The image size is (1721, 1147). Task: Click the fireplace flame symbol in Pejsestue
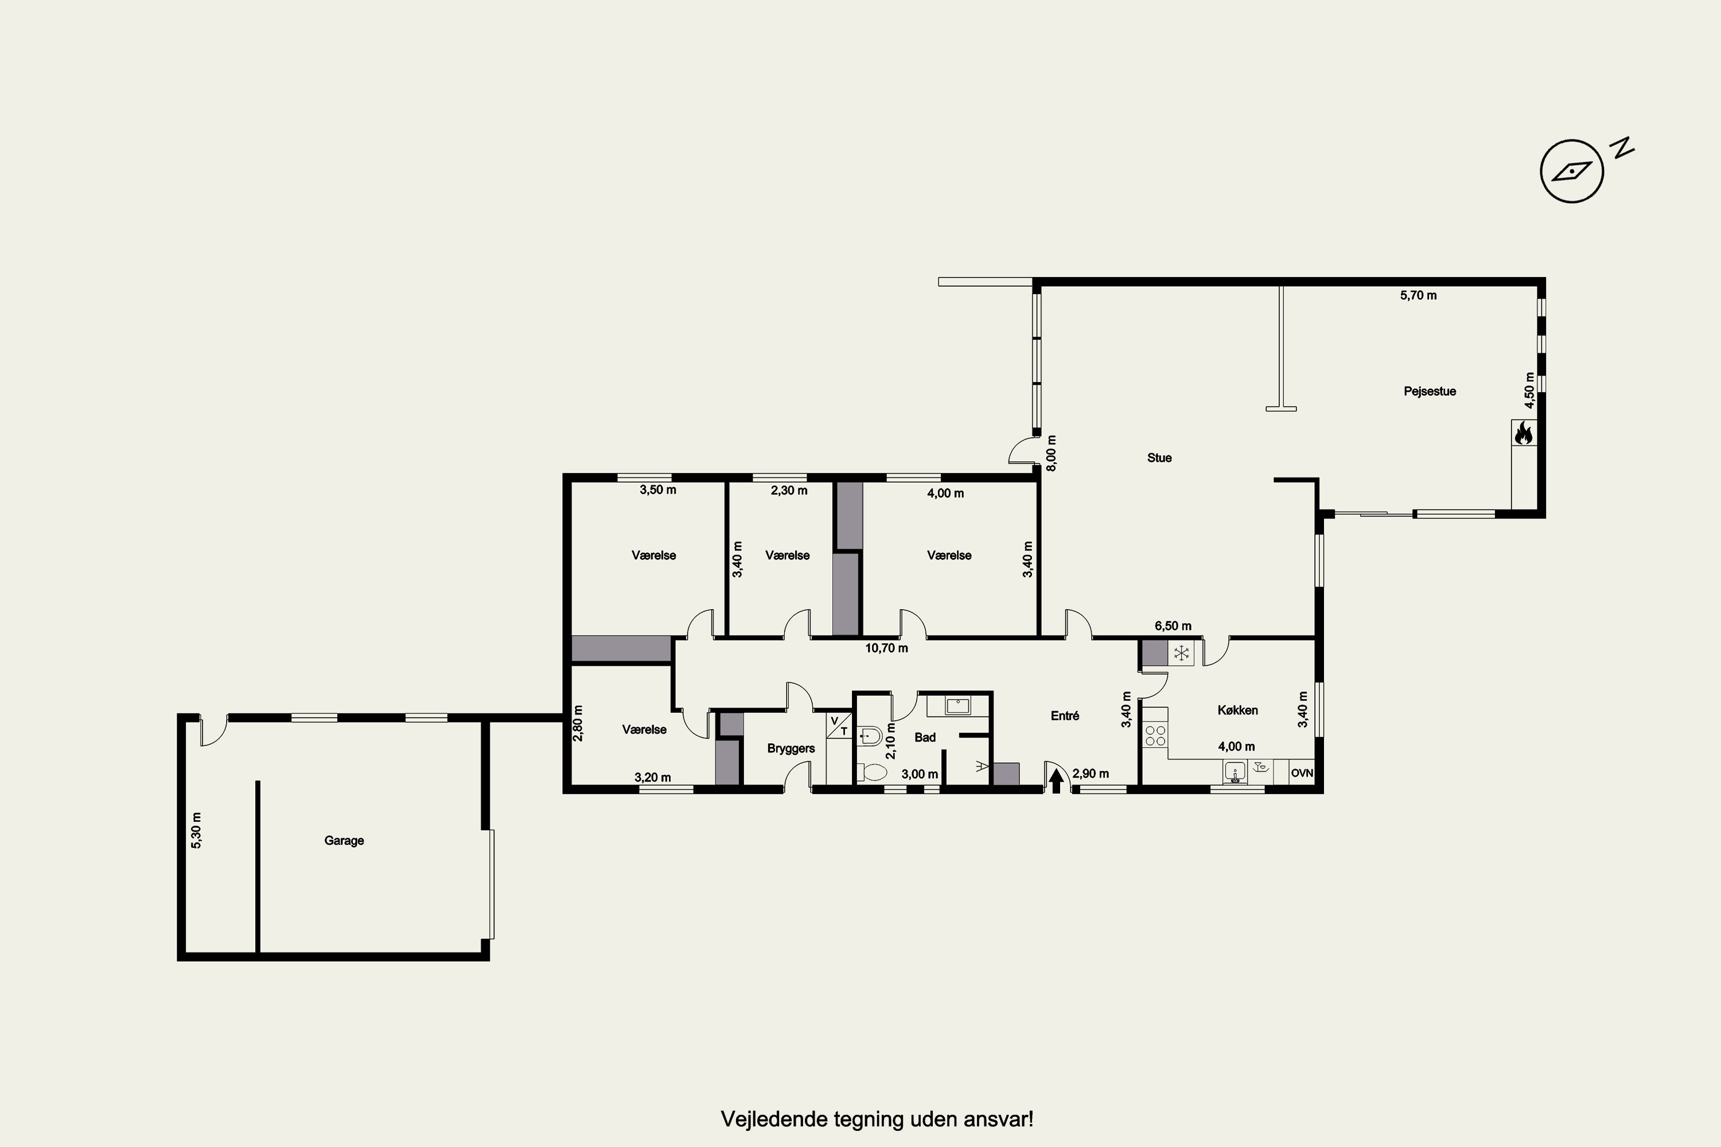click(1524, 432)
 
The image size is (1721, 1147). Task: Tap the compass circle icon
click(1572, 171)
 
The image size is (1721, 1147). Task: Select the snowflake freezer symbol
click(1181, 653)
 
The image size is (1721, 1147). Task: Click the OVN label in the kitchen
click(1302, 773)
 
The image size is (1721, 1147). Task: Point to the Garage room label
click(344, 841)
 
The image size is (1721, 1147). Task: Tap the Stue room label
click(1159, 458)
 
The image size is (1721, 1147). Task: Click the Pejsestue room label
click(1430, 391)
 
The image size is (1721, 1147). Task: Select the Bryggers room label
click(791, 748)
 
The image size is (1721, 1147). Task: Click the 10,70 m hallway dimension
click(886, 648)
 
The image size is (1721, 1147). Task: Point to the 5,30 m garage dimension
click(196, 830)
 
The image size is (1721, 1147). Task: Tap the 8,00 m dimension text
click(1052, 453)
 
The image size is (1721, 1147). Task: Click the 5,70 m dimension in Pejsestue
click(1418, 295)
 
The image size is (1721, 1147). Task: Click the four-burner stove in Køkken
click(1155, 735)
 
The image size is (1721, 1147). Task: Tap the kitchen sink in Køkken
click(1235, 773)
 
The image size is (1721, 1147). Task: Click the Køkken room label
click(1237, 711)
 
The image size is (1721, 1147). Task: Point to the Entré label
click(1065, 716)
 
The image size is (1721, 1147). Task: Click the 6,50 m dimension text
click(1173, 626)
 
